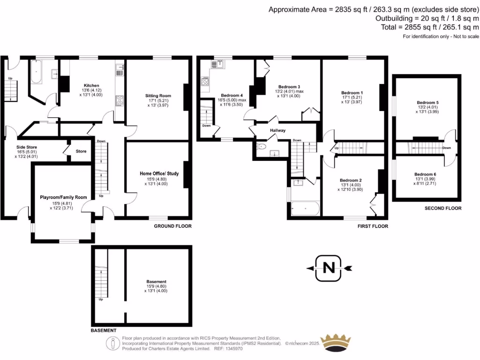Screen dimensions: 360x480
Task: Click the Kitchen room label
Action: (x=91, y=85)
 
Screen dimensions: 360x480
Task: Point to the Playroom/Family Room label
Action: (x=61, y=198)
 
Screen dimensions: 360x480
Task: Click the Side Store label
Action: (x=27, y=147)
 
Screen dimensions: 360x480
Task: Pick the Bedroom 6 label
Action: (x=426, y=174)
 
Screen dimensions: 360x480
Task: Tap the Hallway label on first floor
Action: (x=277, y=130)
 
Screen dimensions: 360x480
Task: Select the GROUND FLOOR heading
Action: (x=172, y=226)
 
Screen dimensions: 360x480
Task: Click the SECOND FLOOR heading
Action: (x=443, y=208)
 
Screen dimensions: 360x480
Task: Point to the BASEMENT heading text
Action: (x=103, y=330)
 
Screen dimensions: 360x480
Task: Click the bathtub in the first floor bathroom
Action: (x=305, y=208)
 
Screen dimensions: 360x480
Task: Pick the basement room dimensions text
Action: (x=156, y=289)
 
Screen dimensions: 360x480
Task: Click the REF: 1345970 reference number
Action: (x=228, y=349)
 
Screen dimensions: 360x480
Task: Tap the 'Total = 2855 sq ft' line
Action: (x=430, y=28)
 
